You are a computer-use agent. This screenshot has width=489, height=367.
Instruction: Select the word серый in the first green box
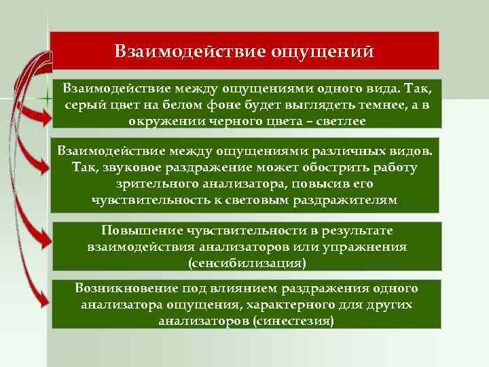click(82, 105)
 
